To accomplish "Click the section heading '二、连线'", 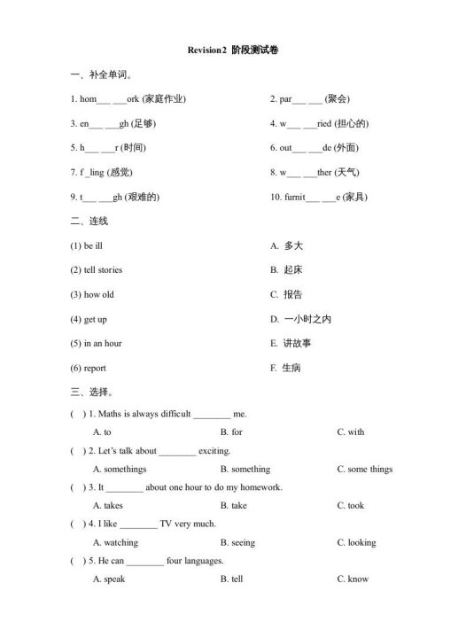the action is (x=89, y=221).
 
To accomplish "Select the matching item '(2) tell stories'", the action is (x=97, y=269).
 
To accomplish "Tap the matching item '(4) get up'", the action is (x=89, y=319).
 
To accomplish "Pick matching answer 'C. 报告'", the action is (x=286, y=294).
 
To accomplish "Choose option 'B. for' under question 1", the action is (x=231, y=432).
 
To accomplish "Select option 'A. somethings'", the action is (x=120, y=469).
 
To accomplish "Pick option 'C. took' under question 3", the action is (x=350, y=506).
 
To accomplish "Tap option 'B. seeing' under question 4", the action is (x=237, y=542).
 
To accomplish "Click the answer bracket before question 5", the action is (x=78, y=561).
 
